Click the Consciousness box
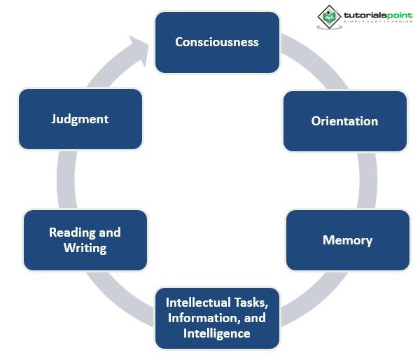(216, 43)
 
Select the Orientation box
(344, 120)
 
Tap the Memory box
(347, 240)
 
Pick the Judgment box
(80, 118)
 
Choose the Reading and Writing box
(85, 240)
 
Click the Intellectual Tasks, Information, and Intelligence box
(216, 318)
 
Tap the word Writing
(85, 248)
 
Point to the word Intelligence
(216, 333)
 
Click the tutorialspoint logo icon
(328, 17)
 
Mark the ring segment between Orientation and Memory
(367, 180)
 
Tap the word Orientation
(344, 120)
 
